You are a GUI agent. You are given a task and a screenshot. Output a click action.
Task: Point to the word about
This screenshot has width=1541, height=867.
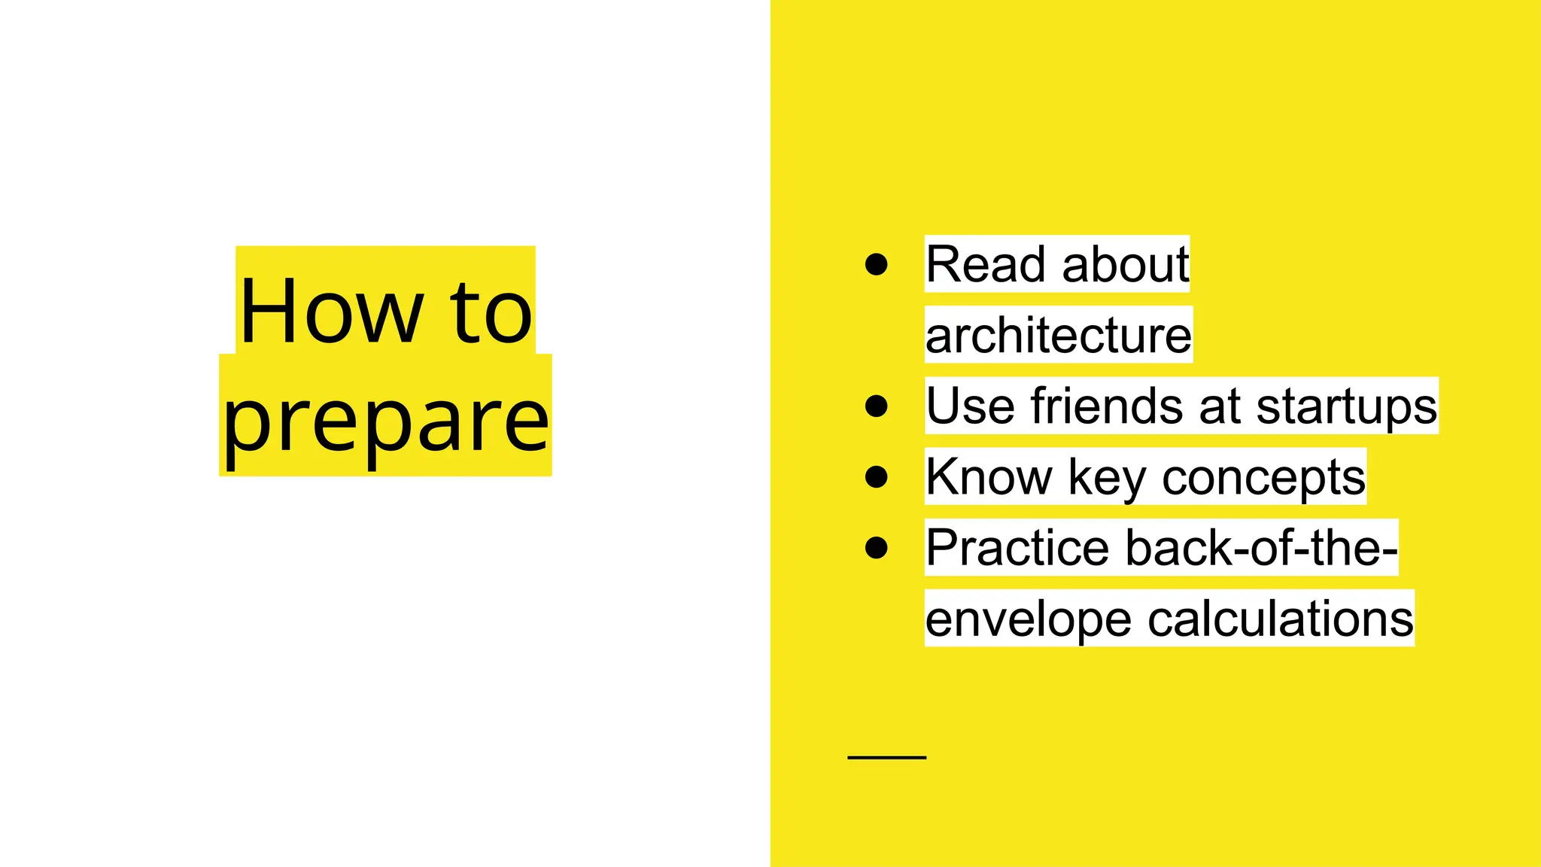1126,264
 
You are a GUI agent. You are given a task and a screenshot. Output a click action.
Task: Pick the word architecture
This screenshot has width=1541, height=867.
1058,335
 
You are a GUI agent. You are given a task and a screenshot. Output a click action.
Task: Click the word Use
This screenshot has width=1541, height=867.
970,406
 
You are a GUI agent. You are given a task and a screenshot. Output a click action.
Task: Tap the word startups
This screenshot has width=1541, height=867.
1346,406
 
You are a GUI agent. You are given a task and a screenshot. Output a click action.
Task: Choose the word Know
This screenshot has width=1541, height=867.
989,477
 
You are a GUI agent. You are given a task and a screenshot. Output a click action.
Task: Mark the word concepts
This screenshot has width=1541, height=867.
1263,477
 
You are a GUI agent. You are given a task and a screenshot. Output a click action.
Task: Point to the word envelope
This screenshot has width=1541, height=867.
1028,619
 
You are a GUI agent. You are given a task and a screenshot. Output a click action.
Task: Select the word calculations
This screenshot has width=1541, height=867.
1281,619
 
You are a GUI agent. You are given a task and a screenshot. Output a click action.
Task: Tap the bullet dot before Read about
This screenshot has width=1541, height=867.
877,264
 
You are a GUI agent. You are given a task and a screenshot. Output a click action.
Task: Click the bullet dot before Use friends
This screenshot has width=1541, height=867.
877,406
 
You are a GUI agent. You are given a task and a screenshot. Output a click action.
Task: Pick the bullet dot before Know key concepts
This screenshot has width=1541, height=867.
877,477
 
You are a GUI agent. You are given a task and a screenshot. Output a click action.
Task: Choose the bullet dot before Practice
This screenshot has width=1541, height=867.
877,548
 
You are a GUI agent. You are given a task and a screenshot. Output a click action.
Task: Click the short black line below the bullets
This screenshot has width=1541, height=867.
886,757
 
